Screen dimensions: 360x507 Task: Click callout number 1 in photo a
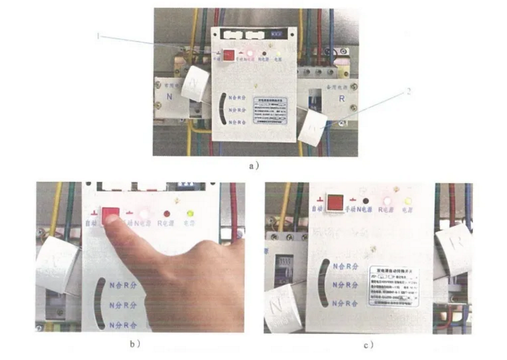point(98,36)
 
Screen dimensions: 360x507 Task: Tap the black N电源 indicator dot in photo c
point(367,202)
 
